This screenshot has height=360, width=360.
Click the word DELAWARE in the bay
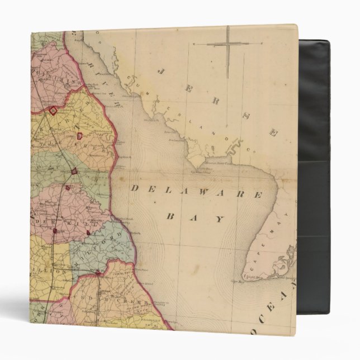(196, 192)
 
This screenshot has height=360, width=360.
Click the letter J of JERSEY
(160, 71)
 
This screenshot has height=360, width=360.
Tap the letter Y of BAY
(219, 220)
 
